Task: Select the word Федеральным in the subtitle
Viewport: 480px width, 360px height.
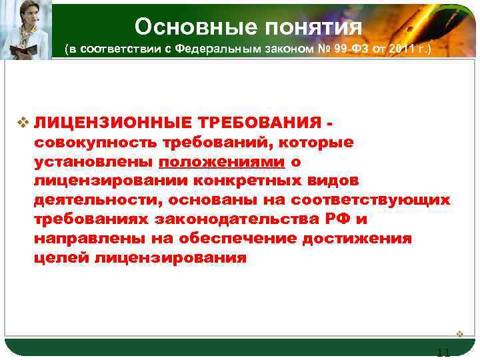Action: click(x=220, y=50)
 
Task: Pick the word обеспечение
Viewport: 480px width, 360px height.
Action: click(x=235, y=239)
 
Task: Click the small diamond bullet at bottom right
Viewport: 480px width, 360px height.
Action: click(x=459, y=333)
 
